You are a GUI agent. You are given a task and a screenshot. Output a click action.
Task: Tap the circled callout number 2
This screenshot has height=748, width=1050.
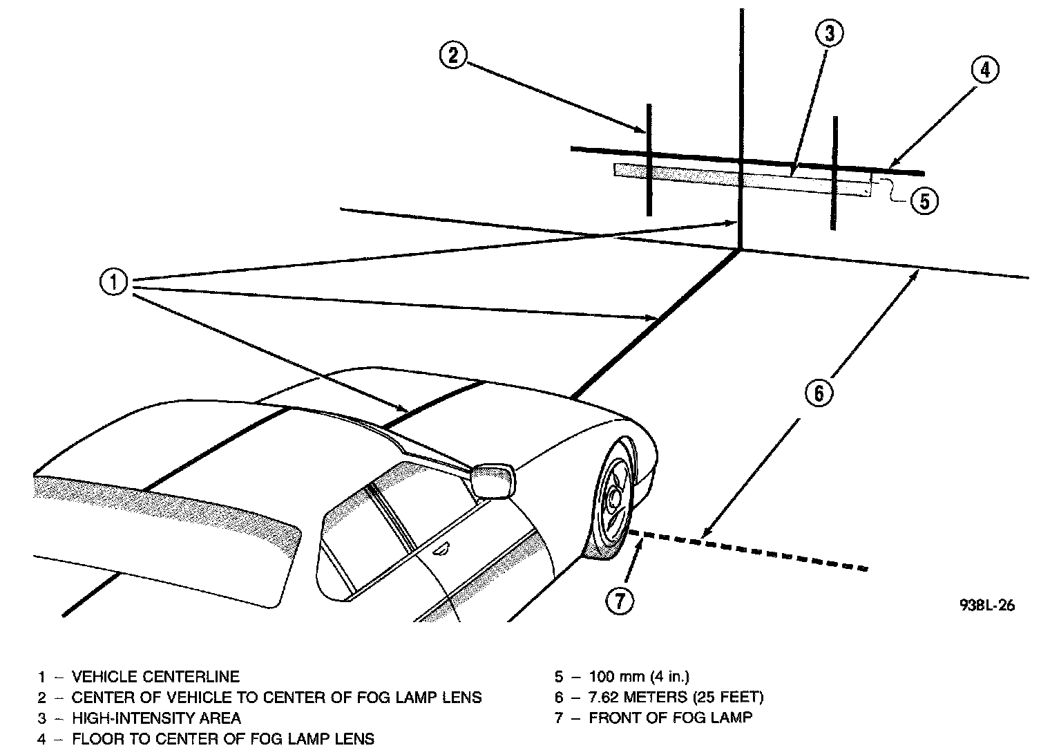(452, 55)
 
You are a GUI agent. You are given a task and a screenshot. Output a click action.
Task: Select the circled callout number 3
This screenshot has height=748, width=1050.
(829, 32)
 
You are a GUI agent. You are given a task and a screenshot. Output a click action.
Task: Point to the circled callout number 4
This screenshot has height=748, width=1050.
(984, 70)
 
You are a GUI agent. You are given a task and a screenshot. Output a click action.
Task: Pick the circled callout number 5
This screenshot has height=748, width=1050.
(924, 200)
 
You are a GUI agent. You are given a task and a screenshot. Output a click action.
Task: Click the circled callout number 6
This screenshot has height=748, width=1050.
(819, 393)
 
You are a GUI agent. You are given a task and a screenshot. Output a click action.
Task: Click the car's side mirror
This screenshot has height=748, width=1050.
(493, 480)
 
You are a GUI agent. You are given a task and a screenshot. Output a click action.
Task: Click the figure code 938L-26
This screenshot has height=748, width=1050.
(987, 605)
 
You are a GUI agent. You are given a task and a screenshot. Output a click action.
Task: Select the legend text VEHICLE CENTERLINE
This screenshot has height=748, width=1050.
(155, 676)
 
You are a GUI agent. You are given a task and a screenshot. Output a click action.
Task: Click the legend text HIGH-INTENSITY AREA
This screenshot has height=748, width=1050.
(156, 718)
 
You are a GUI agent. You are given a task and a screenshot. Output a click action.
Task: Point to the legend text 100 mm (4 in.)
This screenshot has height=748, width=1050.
(639, 676)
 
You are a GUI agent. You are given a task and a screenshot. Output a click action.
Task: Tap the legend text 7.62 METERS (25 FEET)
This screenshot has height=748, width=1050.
(676, 697)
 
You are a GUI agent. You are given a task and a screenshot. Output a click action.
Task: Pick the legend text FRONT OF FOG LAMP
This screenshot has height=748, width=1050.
(670, 718)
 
